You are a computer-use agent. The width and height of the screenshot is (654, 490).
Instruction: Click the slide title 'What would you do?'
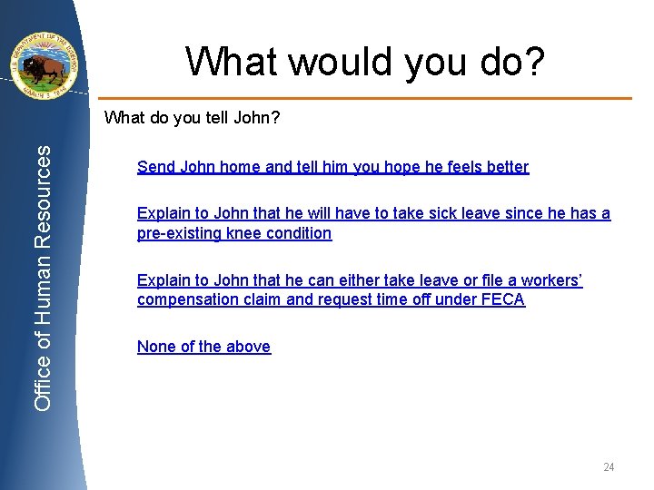pos(366,61)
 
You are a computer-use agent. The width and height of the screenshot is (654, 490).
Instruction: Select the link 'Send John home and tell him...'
pos(332,167)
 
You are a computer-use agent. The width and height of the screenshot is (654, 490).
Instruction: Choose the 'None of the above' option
pos(203,347)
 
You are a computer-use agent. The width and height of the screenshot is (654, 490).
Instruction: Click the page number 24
pos(609,467)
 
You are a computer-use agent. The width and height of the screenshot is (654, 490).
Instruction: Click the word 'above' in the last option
pos(249,347)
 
